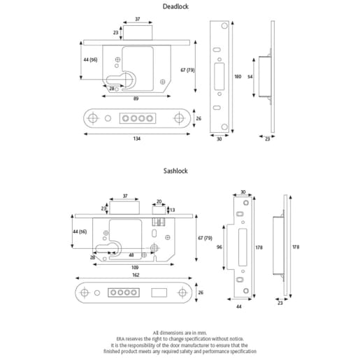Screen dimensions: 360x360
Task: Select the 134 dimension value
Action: pyautogui.click(x=136, y=139)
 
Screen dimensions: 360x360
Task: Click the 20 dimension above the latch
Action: pyautogui.click(x=159, y=201)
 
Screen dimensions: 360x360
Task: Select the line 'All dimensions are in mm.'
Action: pyautogui.click(x=180, y=331)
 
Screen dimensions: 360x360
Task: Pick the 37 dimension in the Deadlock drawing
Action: pyautogui.click(x=138, y=20)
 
